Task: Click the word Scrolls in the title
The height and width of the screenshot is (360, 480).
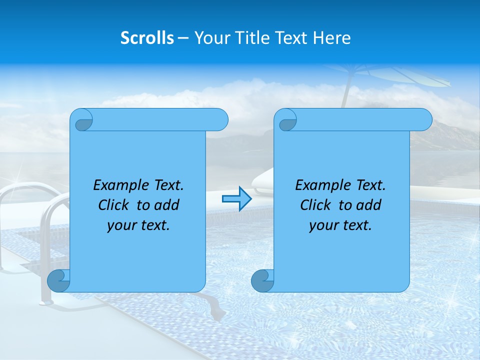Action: (x=147, y=38)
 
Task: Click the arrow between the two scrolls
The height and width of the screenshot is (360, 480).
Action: (x=236, y=199)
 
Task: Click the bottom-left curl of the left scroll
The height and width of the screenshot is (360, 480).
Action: (x=59, y=280)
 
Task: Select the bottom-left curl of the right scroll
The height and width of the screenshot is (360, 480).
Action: (x=262, y=280)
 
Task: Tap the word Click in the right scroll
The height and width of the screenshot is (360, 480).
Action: (x=316, y=205)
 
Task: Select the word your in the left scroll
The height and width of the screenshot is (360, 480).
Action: (x=121, y=225)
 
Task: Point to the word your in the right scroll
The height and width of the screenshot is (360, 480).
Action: (x=323, y=225)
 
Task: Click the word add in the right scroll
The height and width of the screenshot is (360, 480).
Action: (x=368, y=205)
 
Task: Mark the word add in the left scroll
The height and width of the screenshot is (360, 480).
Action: (x=166, y=205)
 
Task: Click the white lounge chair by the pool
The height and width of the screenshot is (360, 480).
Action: (x=262, y=182)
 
